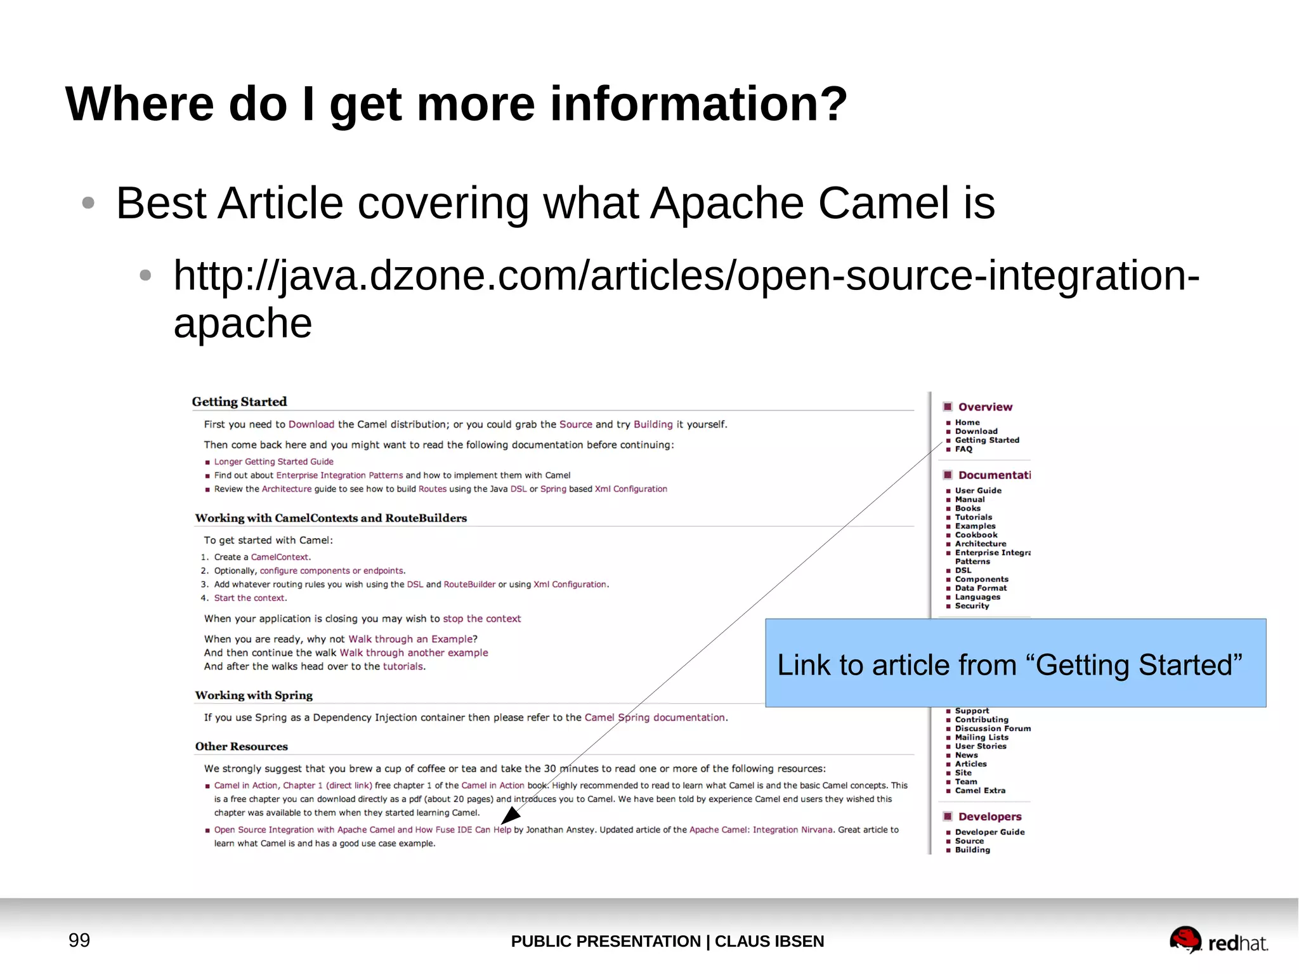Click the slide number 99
point(79,940)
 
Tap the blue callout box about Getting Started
point(1015,663)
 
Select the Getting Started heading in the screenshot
point(239,402)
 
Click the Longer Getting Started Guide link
point(273,462)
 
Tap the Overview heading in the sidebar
point(984,407)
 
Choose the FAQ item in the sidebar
point(963,449)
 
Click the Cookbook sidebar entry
point(976,535)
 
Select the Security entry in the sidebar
point(972,606)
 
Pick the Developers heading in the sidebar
point(989,817)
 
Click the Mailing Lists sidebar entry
point(981,737)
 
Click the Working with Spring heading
point(254,695)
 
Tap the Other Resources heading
point(241,747)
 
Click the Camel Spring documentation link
point(655,718)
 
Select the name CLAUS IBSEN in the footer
point(769,941)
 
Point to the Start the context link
point(249,598)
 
